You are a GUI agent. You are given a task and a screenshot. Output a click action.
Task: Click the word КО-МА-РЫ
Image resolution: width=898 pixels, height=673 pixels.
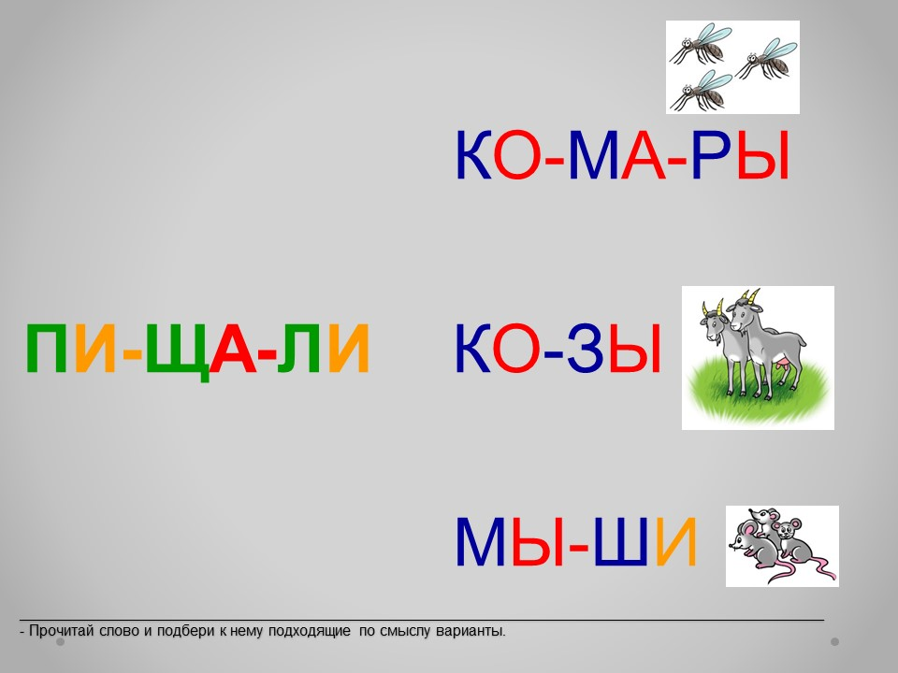tap(623, 155)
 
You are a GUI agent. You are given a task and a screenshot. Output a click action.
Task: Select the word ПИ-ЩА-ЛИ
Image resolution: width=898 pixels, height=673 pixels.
tap(197, 349)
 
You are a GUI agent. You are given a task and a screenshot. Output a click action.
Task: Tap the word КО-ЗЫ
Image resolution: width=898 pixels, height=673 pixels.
tap(558, 349)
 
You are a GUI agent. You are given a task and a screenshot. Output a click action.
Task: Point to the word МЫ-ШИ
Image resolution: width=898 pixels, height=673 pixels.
tap(575, 541)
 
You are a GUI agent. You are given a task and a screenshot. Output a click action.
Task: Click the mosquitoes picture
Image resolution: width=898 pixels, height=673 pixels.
tap(732, 67)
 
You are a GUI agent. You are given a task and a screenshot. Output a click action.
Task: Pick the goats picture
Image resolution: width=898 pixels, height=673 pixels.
tap(758, 358)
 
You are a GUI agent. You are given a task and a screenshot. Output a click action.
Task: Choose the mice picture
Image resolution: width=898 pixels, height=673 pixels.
tap(782, 546)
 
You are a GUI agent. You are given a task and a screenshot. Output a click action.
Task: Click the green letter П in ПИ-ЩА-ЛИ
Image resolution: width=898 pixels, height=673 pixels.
tap(47, 349)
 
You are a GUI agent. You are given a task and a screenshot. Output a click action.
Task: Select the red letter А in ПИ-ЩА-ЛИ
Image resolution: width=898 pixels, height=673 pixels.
tap(233, 349)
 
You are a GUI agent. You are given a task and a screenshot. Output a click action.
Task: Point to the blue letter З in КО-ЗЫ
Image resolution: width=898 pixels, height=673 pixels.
tap(586, 349)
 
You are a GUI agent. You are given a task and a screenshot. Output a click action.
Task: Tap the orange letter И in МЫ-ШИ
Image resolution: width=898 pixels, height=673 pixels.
tap(676, 541)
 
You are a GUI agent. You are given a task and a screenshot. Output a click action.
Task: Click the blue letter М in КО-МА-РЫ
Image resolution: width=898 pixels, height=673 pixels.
tap(594, 155)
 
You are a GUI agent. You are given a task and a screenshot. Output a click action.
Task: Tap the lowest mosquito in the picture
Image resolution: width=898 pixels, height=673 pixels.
tap(701, 91)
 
